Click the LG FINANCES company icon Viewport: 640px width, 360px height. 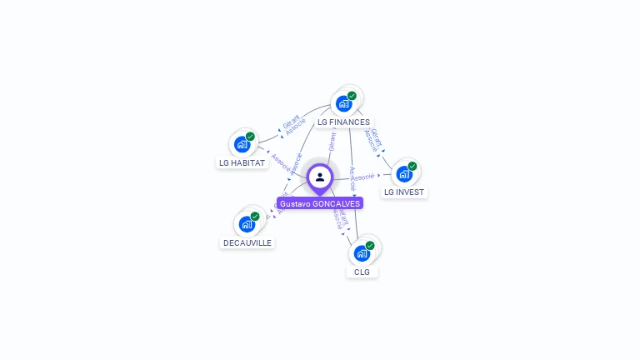[x=343, y=104]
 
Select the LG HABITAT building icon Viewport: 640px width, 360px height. [x=242, y=144]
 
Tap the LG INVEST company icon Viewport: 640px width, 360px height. [x=404, y=173]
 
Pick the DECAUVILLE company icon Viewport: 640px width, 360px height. [x=247, y=224]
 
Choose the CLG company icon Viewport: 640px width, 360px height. [x=362, y=252]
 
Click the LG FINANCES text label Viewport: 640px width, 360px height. [x=343, y=122]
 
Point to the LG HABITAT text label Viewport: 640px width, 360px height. [x=242, y=163]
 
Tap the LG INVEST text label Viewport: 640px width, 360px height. [x=404, y=192]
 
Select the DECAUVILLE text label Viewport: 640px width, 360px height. [x=247, y=243]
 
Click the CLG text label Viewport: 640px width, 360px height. [x=362, y=272]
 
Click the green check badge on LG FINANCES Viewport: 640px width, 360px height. [x=352, y=96]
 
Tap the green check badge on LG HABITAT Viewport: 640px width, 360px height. [x=250, y=136]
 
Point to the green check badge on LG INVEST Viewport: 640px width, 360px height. [x=412, y=166]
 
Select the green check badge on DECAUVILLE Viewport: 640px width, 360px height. [x=255, y=217]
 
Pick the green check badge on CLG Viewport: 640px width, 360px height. [x=370, y=245]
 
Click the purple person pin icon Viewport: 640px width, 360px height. [x=320, y=177]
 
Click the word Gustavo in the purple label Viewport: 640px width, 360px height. [x=294, y=203]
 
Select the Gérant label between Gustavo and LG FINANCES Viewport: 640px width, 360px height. [x=332, y=142]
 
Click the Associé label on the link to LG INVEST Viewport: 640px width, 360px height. [x=362, y=177]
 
